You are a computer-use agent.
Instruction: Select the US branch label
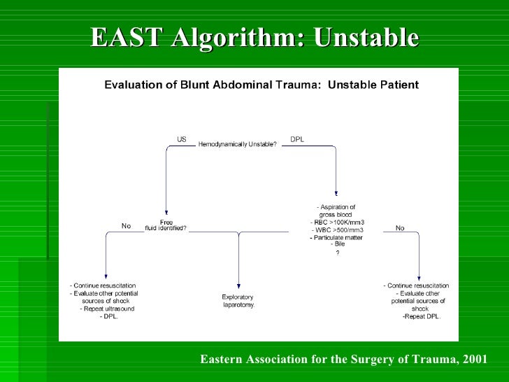pyautogui.click(x=182, y=139)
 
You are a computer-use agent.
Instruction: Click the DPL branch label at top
pyautogui.click(x=296, y=139)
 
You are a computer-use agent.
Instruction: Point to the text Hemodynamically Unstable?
pyautogui.click(x=238, y=145)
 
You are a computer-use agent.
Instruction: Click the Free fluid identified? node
pyautogui.click(x=166, y=225)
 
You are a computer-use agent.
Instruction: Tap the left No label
pyautogui.click(x=127, y=226)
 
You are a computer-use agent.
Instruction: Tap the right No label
pyautogui.click(x=400, y=228)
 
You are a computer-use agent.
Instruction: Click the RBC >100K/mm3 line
pyautogui.click(x=338, y=222)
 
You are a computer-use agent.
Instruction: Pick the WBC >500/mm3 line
pyautogui.click(x=338, y=230)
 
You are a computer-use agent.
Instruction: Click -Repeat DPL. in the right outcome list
pyautogui.click(x=421, y=316)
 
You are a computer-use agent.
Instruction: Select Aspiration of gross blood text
pyautogui.click(x=336, y=211)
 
